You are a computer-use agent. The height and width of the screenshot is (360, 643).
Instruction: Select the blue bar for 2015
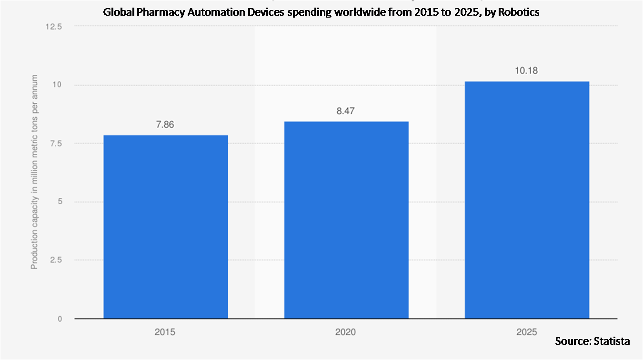point(165,227)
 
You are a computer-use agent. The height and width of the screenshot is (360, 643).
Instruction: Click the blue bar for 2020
point(346,220)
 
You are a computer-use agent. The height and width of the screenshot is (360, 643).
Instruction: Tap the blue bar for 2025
point(527,200)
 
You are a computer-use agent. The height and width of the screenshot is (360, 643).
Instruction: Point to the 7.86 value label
point(165,125)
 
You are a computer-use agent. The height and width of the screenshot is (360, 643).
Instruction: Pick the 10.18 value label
point(527,71)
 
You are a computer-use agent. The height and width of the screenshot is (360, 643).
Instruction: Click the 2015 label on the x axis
point(165,332)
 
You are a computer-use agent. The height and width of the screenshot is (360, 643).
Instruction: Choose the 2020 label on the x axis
point(346,332)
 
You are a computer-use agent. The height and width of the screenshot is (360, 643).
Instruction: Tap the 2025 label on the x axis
point(527,332)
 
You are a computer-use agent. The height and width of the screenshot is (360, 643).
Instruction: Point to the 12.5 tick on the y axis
point(53,27)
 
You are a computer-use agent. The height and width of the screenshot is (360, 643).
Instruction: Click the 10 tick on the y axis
point(58,85)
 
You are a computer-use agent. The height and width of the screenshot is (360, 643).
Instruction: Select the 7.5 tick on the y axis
point(55,144)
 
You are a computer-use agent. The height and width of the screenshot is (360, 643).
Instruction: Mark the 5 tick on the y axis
point(60,202)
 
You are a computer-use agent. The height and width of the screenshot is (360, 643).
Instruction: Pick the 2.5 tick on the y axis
point(55,260)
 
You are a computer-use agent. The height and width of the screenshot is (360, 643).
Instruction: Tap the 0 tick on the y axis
point(60,319)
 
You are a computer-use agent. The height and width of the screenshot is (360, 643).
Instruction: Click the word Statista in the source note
point(612,341)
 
